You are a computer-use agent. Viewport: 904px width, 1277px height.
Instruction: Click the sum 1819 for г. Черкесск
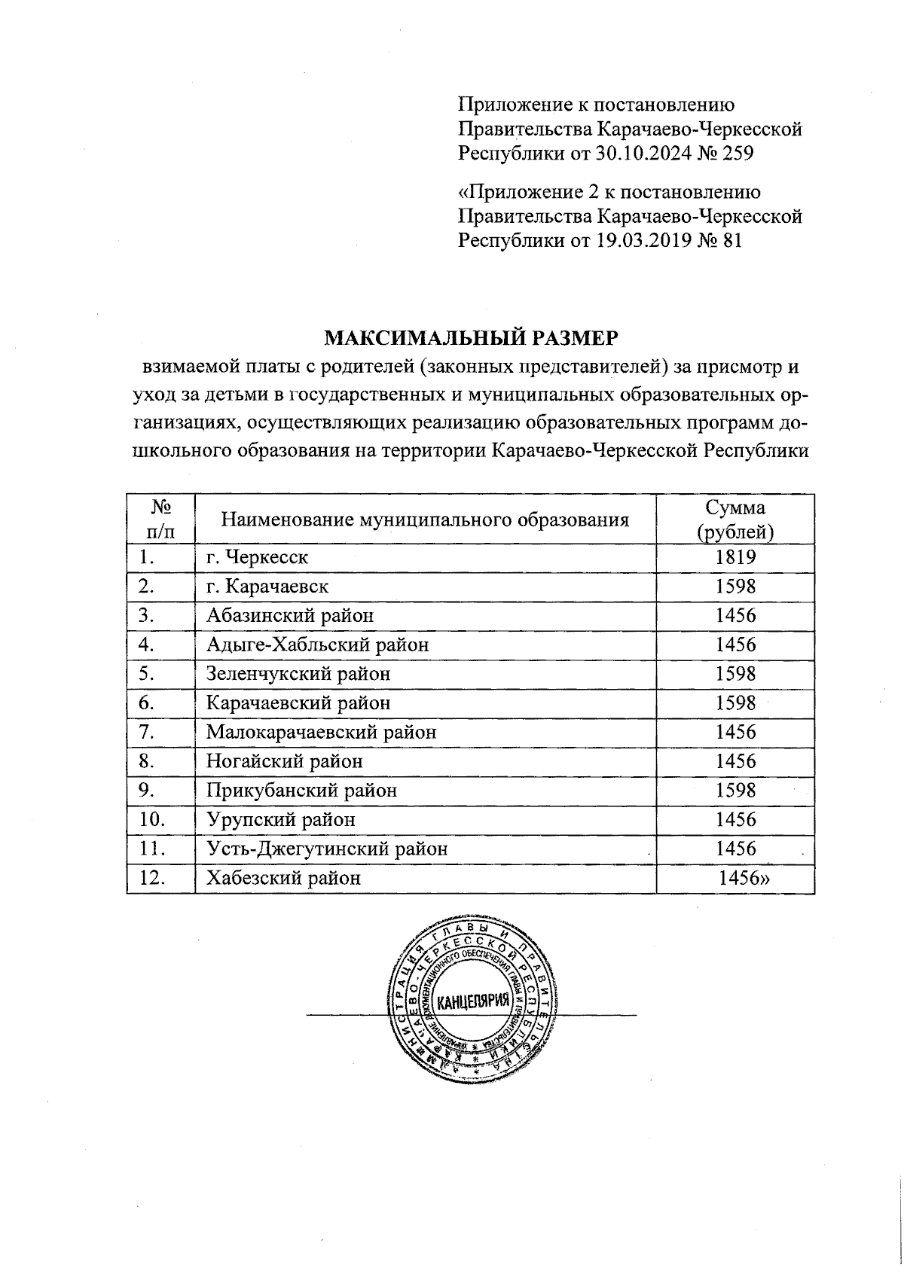735,557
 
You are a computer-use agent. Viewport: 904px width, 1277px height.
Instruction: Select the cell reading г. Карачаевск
267,587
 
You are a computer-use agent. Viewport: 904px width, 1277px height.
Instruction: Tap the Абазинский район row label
290,616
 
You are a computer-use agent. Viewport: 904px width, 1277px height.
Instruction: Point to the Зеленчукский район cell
298,674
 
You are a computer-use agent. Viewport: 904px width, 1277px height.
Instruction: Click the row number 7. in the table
147,732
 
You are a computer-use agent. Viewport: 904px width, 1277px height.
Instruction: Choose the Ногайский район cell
284,761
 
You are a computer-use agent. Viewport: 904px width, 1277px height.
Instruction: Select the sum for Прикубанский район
735,791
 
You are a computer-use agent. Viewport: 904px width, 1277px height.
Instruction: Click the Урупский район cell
280,819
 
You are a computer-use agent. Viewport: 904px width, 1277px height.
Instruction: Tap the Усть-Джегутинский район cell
327,849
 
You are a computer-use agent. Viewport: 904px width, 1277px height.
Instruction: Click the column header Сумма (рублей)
735,520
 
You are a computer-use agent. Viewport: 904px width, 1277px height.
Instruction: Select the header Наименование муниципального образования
425,520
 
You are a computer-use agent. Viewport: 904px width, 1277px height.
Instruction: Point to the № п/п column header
160,520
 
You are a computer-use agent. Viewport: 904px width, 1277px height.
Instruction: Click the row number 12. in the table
153,878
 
